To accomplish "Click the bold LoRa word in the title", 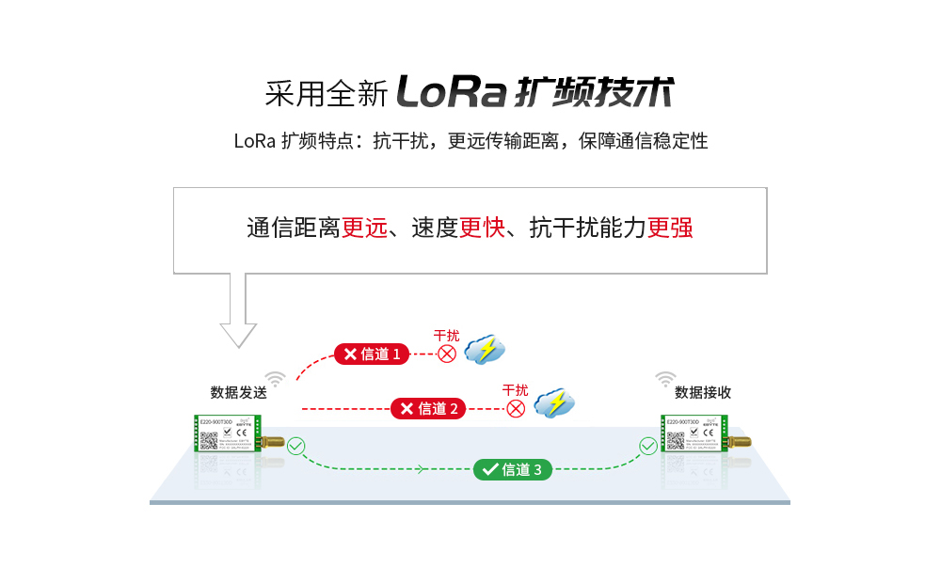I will pyautogui.click(x=452, y=91).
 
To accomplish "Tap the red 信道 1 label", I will pyautogui.click(x=373, y=354).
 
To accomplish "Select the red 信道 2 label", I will pyautogui.click(x=428, y=408).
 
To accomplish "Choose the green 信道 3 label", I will pyautogui.click(x=512, y=469).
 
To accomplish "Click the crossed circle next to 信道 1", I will pyautogui.click(x=447, y=354).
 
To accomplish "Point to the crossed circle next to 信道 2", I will pyautogui.click(x=516, y=408).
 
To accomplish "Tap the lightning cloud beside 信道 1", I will pyautogui.click(x=486, y=350).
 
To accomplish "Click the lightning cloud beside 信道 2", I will pyautogui.click(x=554, y=403).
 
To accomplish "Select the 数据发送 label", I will pyautogui.click(x=238, y=393).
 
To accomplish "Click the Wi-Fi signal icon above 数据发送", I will pyautogui.click(x=275, y=379).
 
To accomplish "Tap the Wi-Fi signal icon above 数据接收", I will pyautogui.click(x=665, y=379).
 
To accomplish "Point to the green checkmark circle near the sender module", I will pyautogui.click(x=296, y=446).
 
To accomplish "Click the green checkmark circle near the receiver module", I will pyautogui.click(x=648, y=446).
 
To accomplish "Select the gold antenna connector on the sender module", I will pyautogui.click(x=273, y=440).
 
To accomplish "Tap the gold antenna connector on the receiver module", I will pyautogui.click(x=740, y=440).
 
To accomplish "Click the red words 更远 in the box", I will pyautogui.click(x=364, y=228).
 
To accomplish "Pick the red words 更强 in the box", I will pyautogui.click(x=670, y=228).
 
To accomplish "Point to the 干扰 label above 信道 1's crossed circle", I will pyautogui.click(x=446, y=335).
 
